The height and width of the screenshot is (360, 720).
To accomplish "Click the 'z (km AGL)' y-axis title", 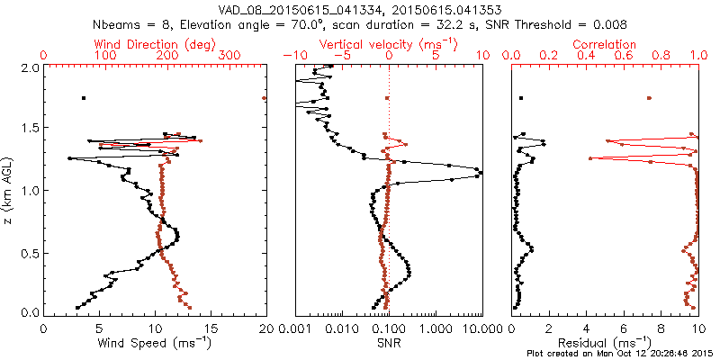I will tap(8, 190).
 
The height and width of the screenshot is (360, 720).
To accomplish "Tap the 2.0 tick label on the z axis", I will tap(29, 67).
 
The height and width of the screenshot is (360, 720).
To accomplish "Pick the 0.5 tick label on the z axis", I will tap(29, 252).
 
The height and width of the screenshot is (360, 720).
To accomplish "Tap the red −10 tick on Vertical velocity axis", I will tap(294, 56).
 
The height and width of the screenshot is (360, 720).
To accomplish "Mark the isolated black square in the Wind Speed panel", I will tap(84, 98).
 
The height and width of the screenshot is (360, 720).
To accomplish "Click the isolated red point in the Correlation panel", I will tap(649, 98).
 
